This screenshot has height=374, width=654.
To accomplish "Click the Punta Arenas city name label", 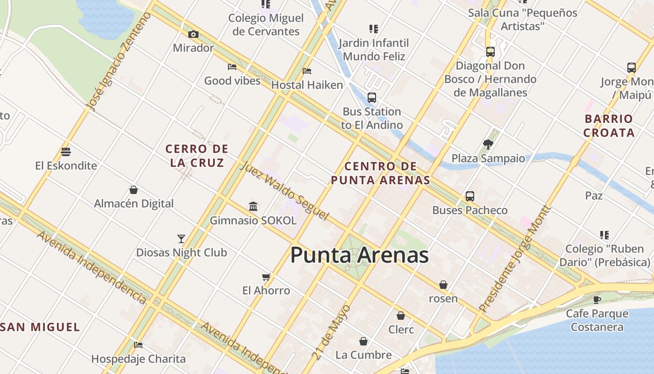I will [359, 255].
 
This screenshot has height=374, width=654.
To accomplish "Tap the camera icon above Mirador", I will [193, 34].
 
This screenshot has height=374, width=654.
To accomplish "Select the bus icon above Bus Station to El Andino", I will [372, 98].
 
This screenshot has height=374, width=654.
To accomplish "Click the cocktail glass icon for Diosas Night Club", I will [181, 239].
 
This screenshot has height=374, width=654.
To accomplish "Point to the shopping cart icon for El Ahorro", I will [266, 277].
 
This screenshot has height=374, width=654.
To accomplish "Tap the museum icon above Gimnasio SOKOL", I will [253, 206].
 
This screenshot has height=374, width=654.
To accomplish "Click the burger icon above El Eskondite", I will [66, 152].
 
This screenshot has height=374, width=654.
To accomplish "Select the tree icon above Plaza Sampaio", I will [488, 144].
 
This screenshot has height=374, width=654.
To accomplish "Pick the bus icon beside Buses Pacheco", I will [470, 196].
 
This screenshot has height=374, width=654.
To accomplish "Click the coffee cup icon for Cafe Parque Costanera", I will [597, 300].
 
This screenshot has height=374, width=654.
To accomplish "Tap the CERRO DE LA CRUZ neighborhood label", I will [197, 156].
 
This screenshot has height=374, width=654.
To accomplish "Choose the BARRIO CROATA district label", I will [609, 126].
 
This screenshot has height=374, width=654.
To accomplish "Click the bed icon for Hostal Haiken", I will [307, 71].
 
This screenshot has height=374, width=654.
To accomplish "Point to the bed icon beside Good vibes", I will [232, 67].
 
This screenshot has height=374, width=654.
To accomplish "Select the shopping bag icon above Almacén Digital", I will [134, 190].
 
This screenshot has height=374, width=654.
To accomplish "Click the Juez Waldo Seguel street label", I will [284, 191].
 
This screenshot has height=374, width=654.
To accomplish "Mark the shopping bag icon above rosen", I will [443, 285].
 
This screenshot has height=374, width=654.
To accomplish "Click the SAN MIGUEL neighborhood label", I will [40, 327].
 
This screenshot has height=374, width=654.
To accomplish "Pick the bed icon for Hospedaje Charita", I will [138, 345].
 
